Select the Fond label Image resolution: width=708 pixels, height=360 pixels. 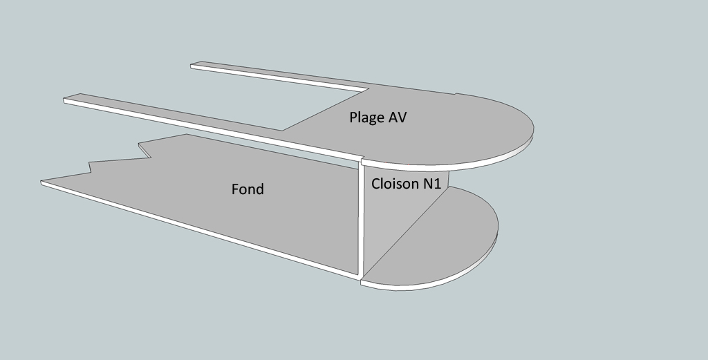pos(248,189)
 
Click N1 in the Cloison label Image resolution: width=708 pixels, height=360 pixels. pos(431,184)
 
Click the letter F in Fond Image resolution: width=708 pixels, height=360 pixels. pos(235,189)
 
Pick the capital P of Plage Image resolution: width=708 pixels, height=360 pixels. pos(353,117)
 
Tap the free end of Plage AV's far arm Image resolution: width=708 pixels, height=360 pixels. pos(192,66)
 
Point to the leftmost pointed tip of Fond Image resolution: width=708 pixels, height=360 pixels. pos(41,182)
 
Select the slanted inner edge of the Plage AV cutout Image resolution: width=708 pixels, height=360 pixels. pos(325,110)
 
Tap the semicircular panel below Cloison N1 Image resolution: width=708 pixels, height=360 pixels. pos(434,239)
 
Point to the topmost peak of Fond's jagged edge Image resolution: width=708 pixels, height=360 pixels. pos(187,134)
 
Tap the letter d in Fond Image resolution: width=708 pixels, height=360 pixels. pos(260,189)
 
